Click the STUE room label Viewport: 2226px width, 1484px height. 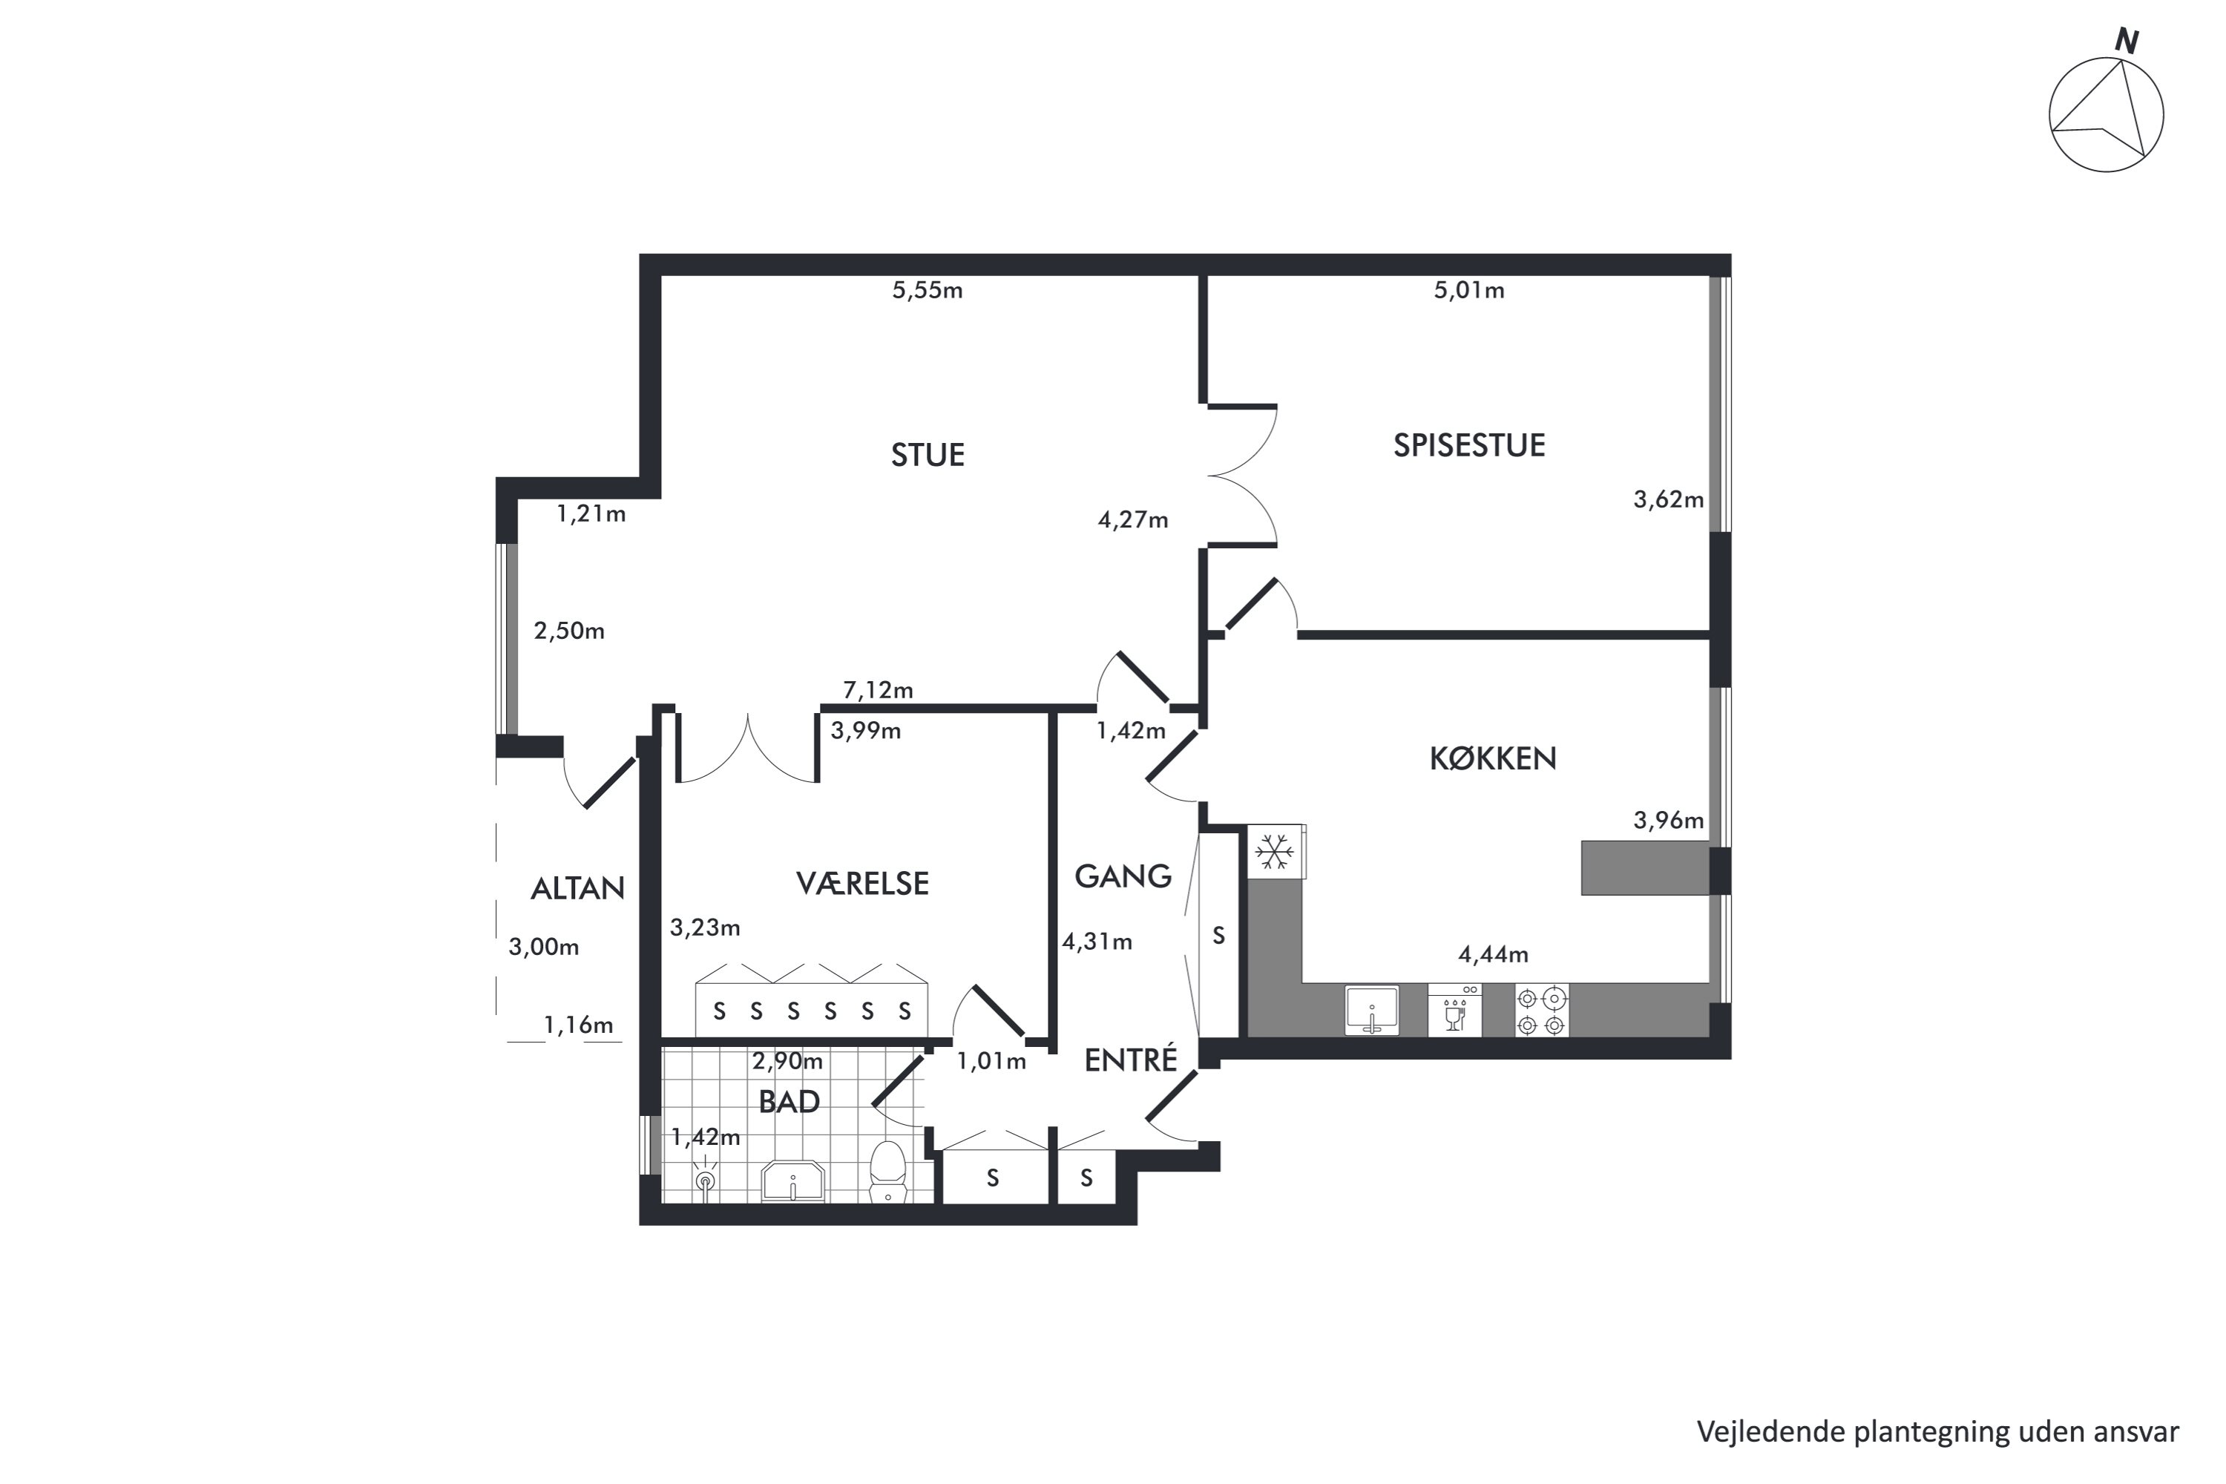click(927, 456)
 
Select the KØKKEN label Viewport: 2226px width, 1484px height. click(1492, 758)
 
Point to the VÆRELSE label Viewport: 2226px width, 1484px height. click(862, 883)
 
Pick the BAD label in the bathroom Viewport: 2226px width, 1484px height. click(789, 1102)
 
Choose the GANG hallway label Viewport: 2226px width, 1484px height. click(1123, 876)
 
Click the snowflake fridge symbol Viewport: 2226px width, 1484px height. click(1275, 852)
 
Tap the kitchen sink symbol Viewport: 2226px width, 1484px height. click(1371, 1011)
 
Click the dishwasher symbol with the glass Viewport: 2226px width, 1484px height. click(1454, 1011)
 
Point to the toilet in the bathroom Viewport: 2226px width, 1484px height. click(887, 1172)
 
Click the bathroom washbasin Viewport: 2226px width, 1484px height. click(793, 1181)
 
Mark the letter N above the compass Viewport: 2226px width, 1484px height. click(2127, 42)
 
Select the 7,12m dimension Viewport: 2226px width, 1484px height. click(879, 690)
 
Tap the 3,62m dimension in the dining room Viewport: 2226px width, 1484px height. click(1669, 499)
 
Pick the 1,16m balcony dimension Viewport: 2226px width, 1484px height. click(578, 1025)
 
